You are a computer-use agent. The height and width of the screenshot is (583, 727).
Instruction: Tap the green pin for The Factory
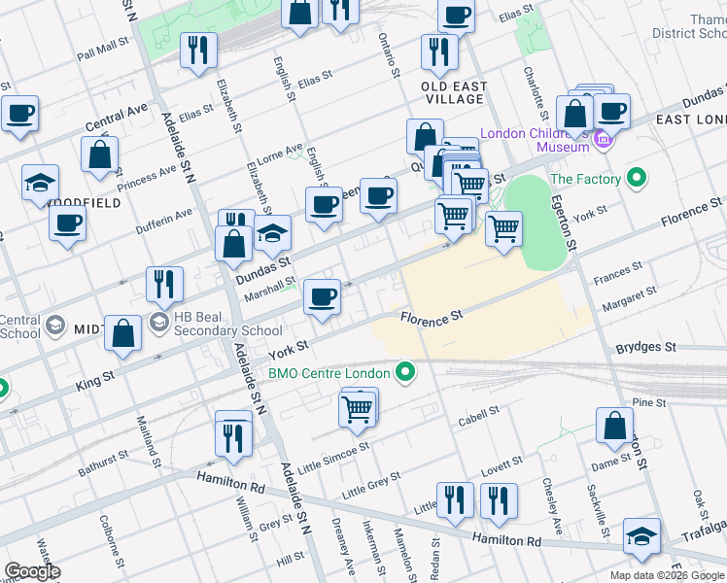636,179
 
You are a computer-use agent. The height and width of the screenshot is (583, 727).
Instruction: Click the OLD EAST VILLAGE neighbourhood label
454,92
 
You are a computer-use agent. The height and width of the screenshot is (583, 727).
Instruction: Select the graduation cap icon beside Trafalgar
641,537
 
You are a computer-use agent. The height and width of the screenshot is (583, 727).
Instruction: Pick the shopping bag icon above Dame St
615,426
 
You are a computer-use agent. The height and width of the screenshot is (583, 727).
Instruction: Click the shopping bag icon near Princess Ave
100,154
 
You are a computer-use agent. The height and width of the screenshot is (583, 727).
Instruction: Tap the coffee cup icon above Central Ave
19,113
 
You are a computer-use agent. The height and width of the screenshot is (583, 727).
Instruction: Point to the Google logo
32,571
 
